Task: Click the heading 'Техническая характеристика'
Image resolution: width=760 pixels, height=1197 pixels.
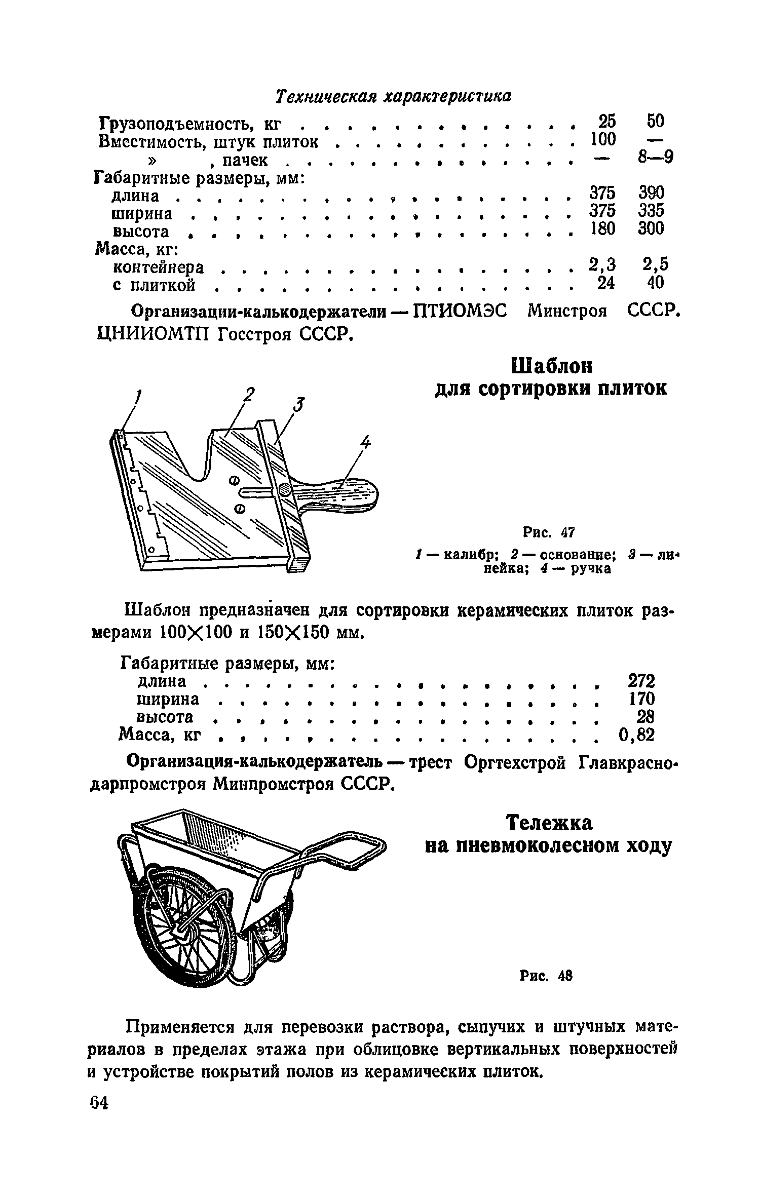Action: coord(393,96)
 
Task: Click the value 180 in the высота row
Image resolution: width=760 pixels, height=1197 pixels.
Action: coord(602,229)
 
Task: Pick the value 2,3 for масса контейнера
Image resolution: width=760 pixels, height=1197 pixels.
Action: coord(602,264)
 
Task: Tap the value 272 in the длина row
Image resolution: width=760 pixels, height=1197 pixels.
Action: coord(641,681)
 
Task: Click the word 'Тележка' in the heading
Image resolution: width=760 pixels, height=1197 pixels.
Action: coord(550,823)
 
